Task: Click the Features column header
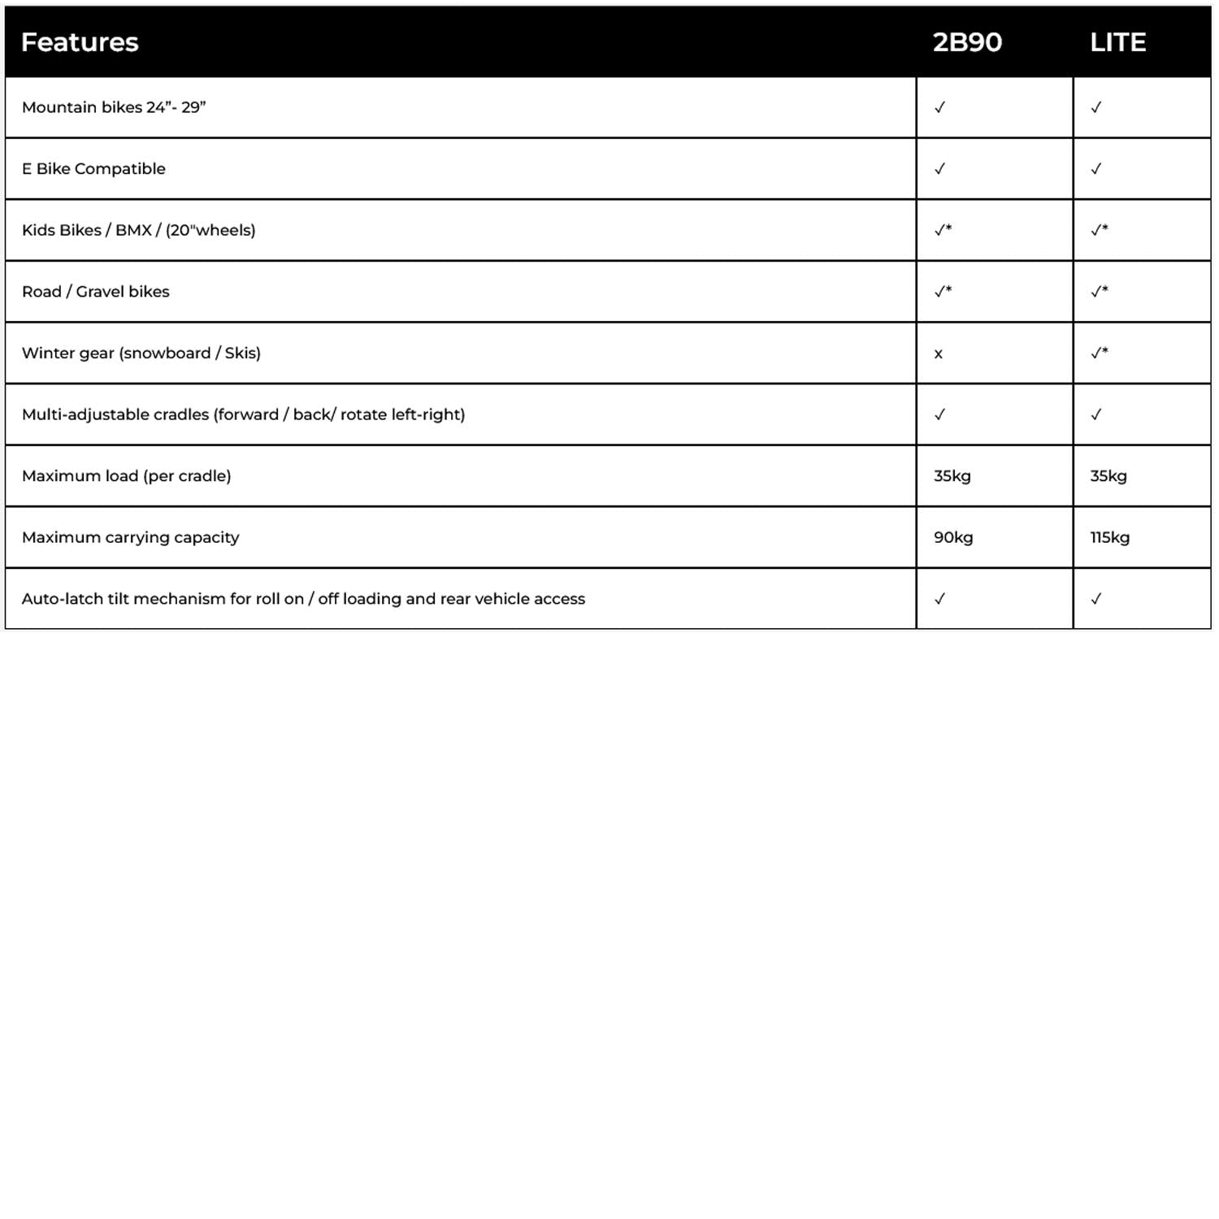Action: pos(80,42)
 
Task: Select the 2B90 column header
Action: pos(967,42)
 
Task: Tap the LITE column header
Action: pos(1117,42)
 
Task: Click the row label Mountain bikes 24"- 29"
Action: pos(114,107)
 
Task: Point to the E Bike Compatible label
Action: pos(93,169)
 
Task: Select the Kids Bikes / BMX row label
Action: pos(138,230)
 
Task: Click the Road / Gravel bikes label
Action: pos(96,292)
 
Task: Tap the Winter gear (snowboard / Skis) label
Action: pos(141,353)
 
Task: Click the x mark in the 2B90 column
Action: pos(939,354)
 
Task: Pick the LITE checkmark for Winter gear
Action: pos(1099,353)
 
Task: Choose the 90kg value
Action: pos(953,537)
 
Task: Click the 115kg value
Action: pos(1109,537)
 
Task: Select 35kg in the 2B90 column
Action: pos(952,476)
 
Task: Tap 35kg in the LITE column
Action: pos(1108,476)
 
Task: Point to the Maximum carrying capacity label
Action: pos(131,537)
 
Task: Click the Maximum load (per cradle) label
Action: pos(127,476)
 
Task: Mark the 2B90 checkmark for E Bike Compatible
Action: pos(940,169)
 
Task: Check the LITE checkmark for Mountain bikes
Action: pos(1096,107)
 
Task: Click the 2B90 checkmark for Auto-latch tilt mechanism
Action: pos(940,599)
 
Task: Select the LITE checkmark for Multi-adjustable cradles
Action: pos(1096,414)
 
